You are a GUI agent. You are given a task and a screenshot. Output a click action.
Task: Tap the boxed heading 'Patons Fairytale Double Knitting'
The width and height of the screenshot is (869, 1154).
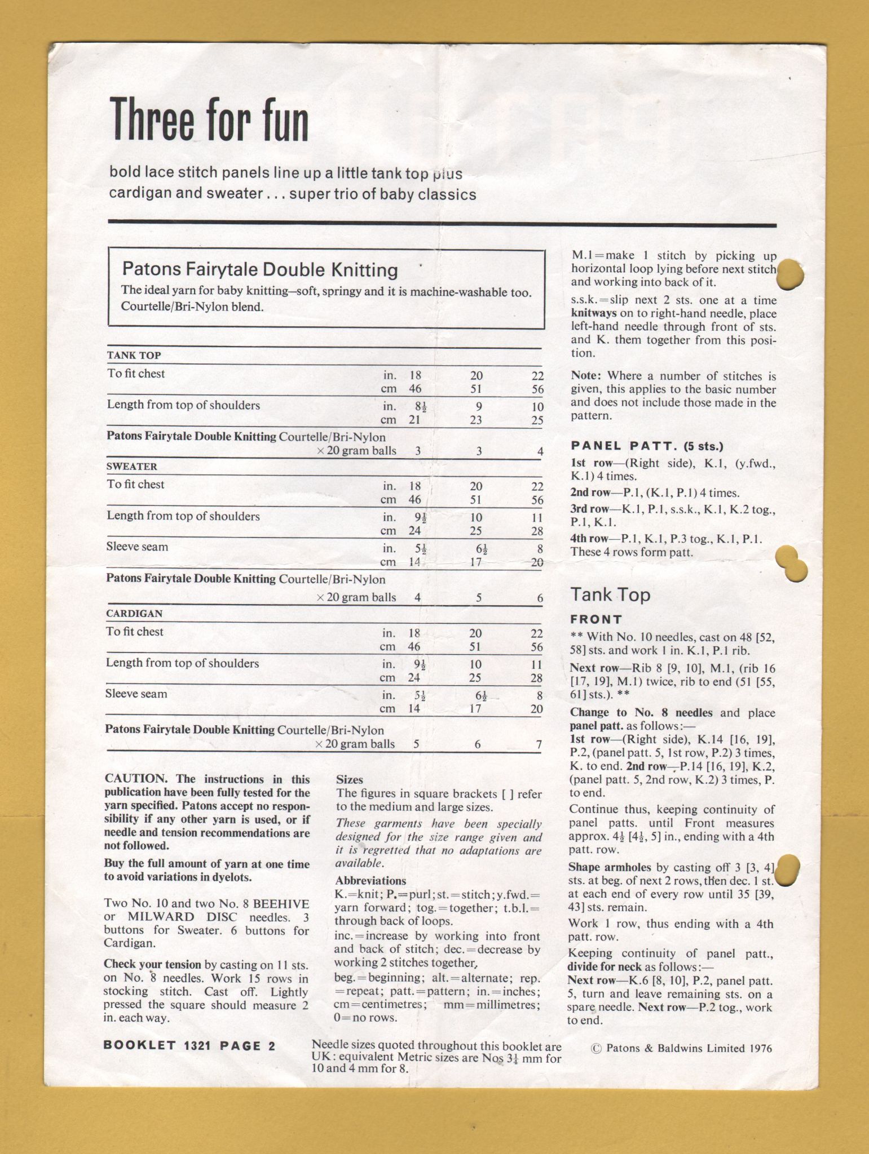click(x=260, y=269)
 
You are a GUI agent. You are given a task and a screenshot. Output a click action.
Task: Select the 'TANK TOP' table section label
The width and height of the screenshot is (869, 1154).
click(x=134, y=355)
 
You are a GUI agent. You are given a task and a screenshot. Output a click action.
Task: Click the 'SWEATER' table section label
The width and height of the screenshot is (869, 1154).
click(x=132, y=467)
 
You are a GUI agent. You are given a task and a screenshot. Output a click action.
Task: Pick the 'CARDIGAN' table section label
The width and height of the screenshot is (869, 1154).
click(x=134, y=613)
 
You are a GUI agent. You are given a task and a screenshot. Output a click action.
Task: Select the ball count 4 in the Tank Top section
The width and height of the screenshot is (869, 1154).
click(x=540, y=451)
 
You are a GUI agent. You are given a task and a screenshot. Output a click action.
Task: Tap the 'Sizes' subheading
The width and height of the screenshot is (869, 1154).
click(x=350, y=780)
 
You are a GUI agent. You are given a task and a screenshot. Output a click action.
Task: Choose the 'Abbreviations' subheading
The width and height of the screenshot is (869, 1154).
click(x=370, y=881)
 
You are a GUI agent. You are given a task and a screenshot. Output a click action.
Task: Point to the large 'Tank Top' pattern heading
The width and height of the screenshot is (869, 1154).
click(x=610, y=594)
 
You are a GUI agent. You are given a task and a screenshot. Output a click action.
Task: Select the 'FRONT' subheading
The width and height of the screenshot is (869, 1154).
click(x=596, y=619)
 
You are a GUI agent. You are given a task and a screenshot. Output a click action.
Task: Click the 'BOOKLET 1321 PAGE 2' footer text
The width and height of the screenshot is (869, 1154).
click(x=189, y=1046)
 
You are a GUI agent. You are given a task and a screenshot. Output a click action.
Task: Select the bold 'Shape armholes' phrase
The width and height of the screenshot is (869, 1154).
click(x=610, y=867)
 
